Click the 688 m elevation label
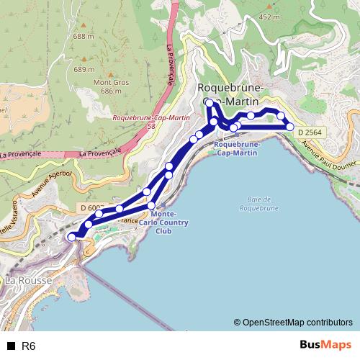tap(84, 36)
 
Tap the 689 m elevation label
tap(84, 70)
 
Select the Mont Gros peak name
tap(107, 82)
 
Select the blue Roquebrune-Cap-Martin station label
tap(236, 148)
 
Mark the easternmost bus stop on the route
tap(290, 127)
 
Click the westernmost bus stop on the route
tap(71, 237)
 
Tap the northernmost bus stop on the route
tap(210, 104)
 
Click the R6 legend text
tap(29, 346)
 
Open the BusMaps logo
tap(325, 346)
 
